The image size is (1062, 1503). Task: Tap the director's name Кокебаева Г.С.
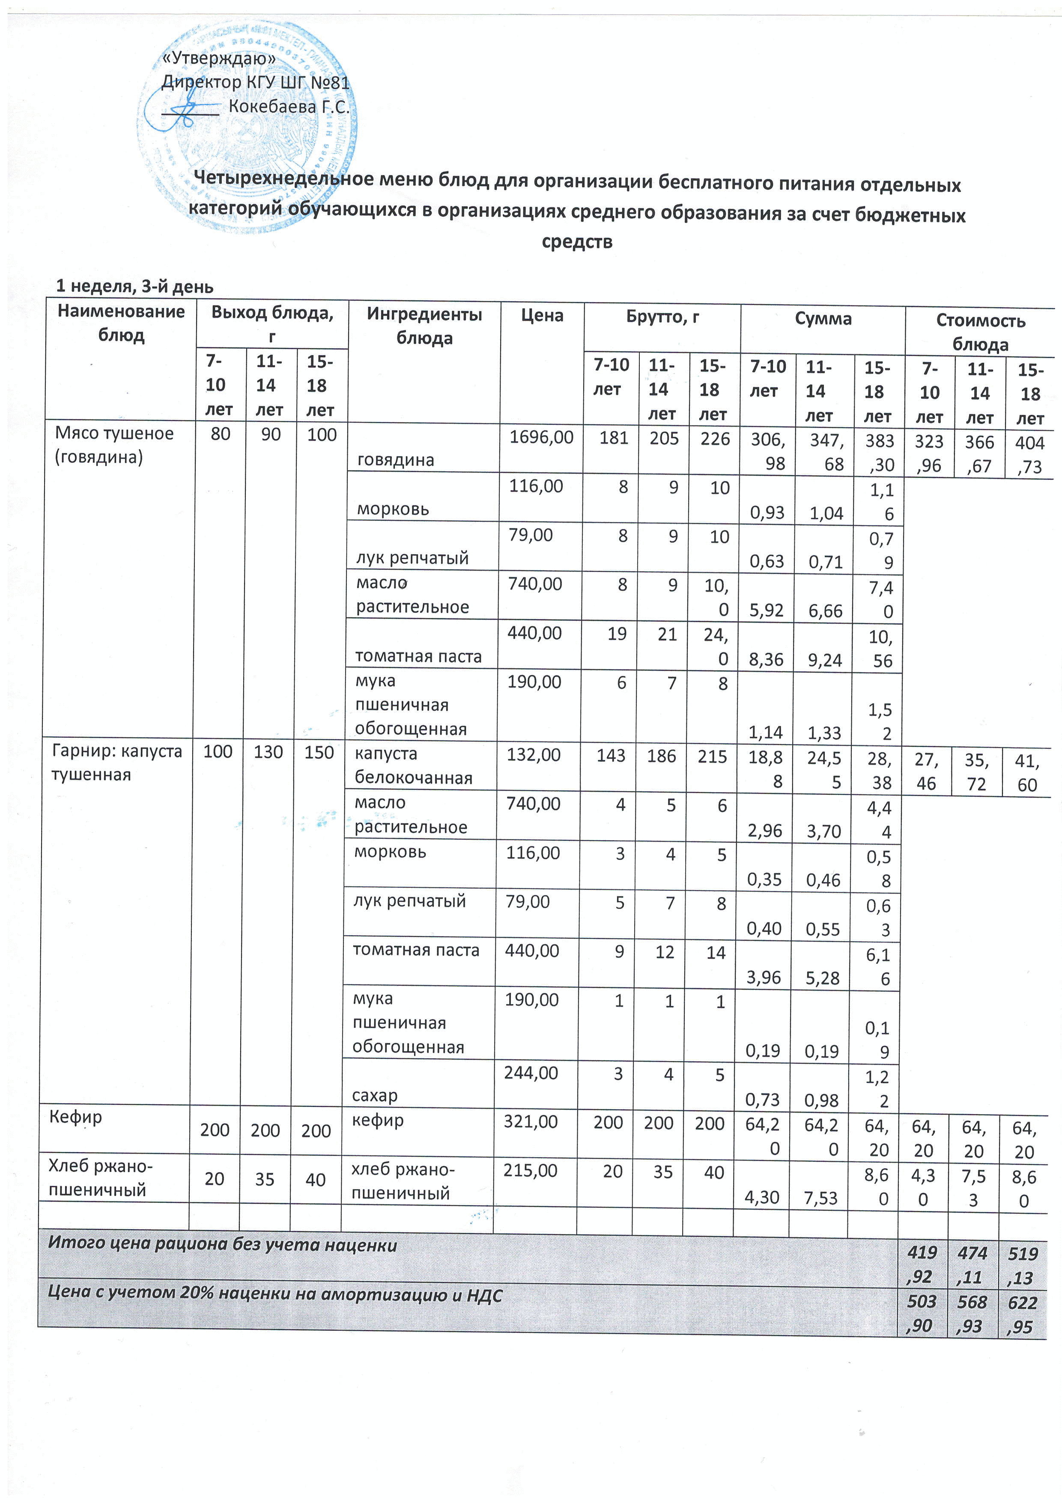coord(289,107)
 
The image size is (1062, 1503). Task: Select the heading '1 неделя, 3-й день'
coord(134,286)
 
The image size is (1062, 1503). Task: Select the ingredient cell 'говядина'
coord(395,460)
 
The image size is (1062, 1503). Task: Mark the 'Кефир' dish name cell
coord(75,1117)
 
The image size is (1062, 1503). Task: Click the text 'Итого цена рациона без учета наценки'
coord(223,1244)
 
